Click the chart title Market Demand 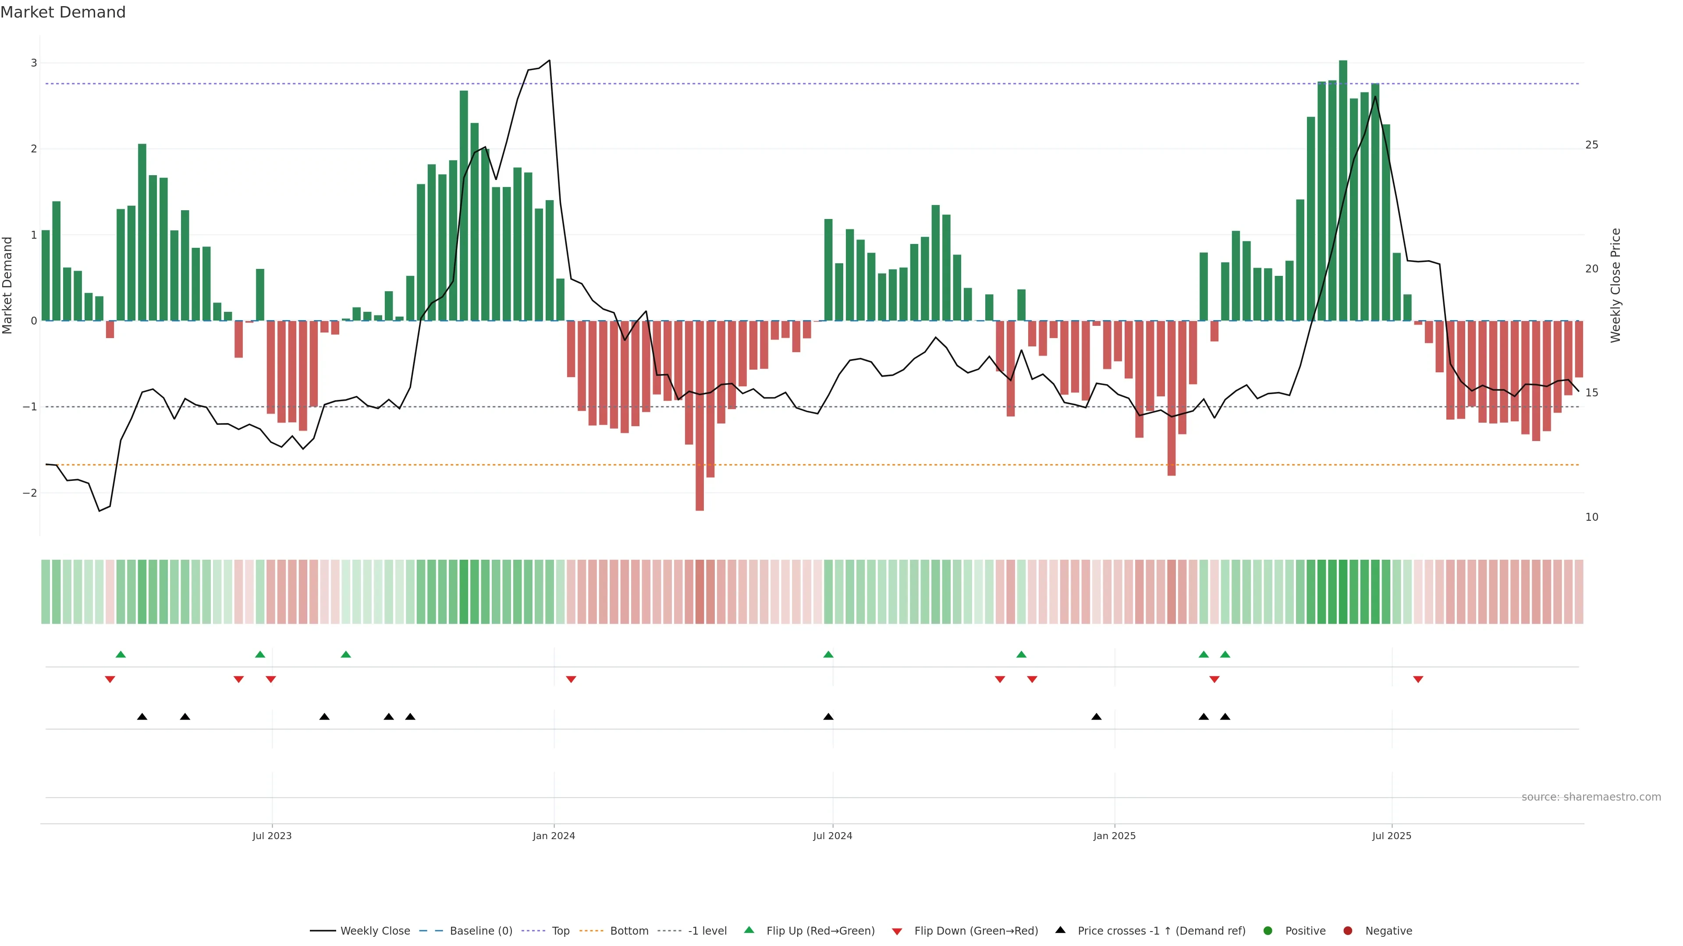(x=63, y=12)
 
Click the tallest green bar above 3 (x=1342, y=189)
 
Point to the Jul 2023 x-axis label (x=272, y=836)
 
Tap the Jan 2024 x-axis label (x=554, y=836)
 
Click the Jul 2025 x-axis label (x=1392, y=836)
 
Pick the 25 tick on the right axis (x=1591, y=145)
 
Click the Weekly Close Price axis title (x=1616, y=285)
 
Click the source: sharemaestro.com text (x=1591, y=797)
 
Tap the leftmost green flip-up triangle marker (x=120, y=654)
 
